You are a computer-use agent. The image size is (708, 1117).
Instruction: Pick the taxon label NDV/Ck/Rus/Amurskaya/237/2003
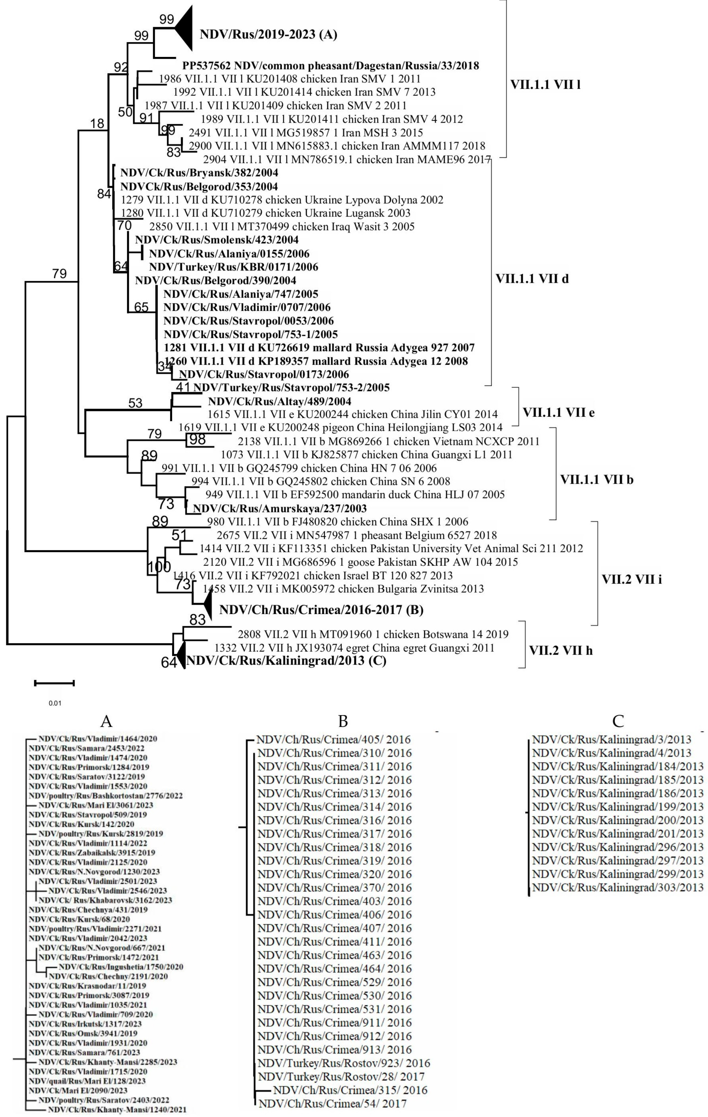click(x=280, y=508)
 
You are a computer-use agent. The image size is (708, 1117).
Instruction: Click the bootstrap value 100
click(x=159, y=567)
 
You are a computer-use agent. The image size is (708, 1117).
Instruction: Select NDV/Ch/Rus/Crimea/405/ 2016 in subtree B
click(x=334, y=739)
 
